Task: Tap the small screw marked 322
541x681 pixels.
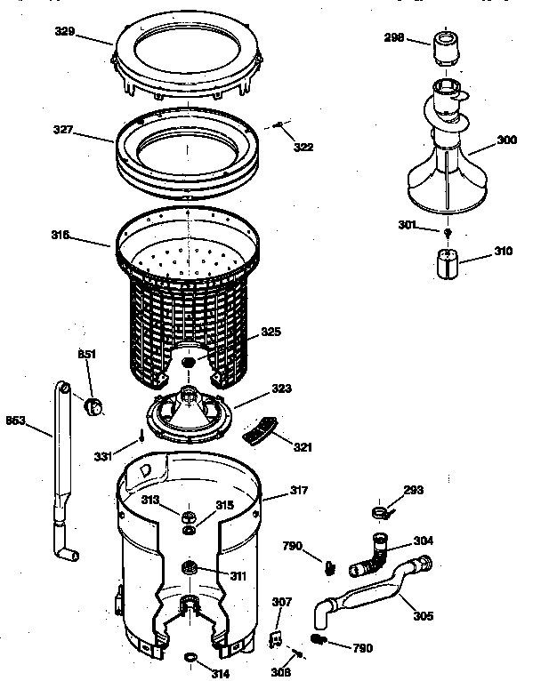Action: tap(279, 124)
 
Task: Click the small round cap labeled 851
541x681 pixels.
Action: tap(93, 407)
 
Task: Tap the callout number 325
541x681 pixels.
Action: tap(271, 333)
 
